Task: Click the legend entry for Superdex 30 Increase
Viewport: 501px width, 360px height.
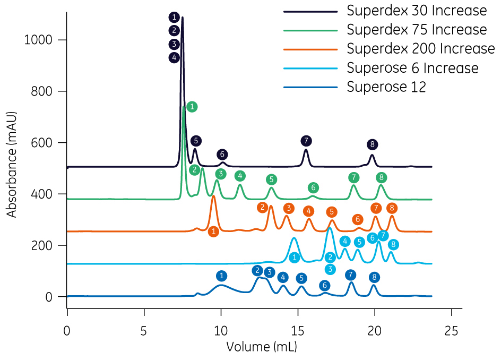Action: pyautogui.click(x=416, y=11)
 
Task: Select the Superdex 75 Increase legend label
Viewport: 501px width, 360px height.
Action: pyautogui.click(x=416, y=30)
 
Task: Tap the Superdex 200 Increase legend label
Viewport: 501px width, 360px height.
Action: pyautogui.click(x=420, y=49)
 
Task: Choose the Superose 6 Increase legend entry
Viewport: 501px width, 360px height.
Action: pyautogui.click(x=412, y=68)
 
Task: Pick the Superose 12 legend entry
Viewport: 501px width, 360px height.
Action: pyautogui.click(x=386, y=87)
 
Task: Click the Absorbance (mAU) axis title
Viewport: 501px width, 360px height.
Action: pyautogui.click(x=12, y=164)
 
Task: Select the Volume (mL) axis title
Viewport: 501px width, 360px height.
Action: pyautogui.click(x=262, y=348)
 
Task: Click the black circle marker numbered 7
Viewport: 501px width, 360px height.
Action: pyautogui.click(x=306, y=141)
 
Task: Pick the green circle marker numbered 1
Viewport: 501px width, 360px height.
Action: pyautogui.click(x=192, y=107)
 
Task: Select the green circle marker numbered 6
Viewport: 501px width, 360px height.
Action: pyautogui.click(x=314, y=187)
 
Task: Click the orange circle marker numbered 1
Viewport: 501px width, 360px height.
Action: pyautogui.click(x=213, y=232)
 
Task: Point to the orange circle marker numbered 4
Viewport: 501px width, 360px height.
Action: pyautogui.click(x=308, y=211)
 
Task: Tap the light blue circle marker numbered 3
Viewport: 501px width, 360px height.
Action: pyautogui.click(x=330, y=269)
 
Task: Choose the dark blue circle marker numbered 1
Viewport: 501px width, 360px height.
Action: pyautogui.click(x=222, y=276)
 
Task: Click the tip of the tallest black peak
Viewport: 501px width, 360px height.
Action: pyautogui.click(x=183, y=18)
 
